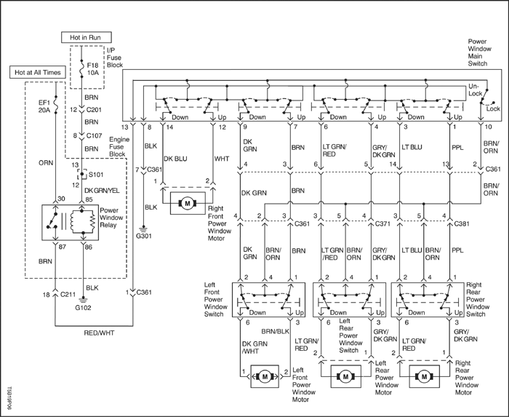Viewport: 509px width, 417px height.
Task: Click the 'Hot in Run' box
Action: pyautogui.click(x=87, y=37)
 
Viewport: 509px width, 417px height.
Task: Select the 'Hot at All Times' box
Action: pyautogui.click(x=38, y=73)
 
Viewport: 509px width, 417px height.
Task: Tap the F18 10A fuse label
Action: pyautogui.click(x=92, y=69)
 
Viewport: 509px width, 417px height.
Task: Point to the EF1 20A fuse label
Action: pyautogui.click(x=44, y=106)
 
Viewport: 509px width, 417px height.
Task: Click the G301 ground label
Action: pyautogui.click(x=144, y=236)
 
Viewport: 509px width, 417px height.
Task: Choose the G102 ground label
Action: pyautogui.click(x=84, y=308)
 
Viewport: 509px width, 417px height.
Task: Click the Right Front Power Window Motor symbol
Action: pyautogui.click(x=188, y=203)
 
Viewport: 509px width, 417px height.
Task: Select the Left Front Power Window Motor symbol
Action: pyautogui.click(x=265, y=376)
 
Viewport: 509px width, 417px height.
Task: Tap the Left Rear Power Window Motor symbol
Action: pyautogui.click(x=345, y=376)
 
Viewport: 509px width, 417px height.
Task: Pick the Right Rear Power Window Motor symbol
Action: pyautogui.click(x=425, y=376)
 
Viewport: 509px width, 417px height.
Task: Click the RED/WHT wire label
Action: pyautogui.click(x=99, y=333)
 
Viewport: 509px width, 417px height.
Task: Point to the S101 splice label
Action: pyautogui.click(x=96, y=175)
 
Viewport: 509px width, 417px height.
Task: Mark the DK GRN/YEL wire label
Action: pyautogui.click(x=102, y=191)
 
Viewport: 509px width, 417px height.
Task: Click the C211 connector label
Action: pyautogui.click(x=68, y=295)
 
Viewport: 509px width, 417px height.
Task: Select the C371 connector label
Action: pyautogui.click(x=382, y=223)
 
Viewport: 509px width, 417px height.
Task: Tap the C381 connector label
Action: pyautogui.click(x=462, y=223)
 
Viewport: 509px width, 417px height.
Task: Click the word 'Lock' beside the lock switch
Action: pyautogui.click(x=493, y=108)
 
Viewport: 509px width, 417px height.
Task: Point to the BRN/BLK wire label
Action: pyautogui.click(x=276, y=331)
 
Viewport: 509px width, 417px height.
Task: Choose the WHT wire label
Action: pyautogui.click(x=222, y=159)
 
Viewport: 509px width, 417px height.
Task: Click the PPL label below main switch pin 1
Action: pyautogui.click(x=457, y=148)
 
